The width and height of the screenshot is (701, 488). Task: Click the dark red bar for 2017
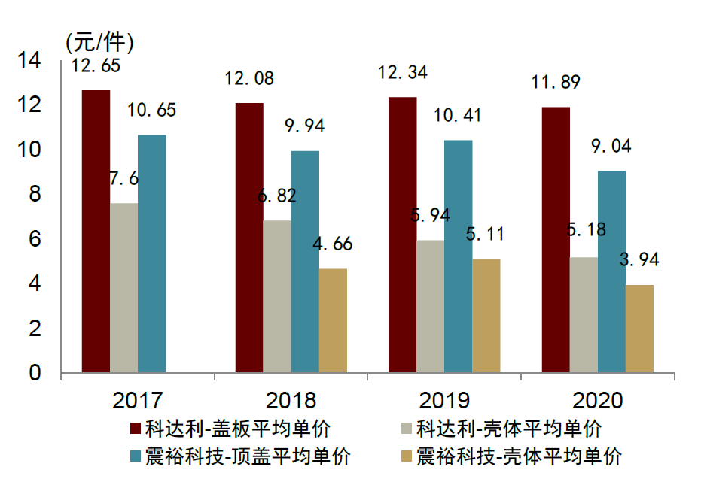point(96,232)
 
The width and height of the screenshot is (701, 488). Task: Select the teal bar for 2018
point(305,262)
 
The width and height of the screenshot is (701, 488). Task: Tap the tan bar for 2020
point(639,329)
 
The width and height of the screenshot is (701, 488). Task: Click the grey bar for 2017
point(123,288)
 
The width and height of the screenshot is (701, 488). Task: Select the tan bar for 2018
point(333,320)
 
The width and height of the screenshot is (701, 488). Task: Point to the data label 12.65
point(96,66)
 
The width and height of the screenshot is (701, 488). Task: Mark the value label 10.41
point(457,116)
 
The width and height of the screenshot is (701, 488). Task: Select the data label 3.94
point(639,260)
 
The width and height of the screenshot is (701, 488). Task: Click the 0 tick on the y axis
point(35,373)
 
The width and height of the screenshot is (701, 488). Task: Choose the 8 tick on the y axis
point(35,194)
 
